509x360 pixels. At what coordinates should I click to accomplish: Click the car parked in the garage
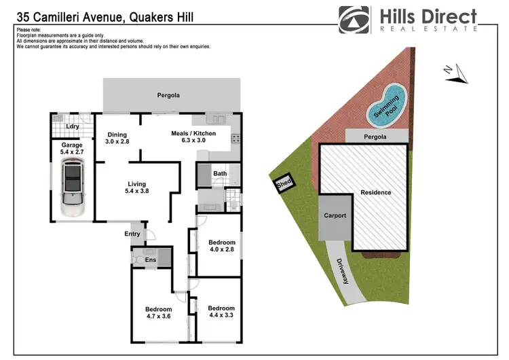pyautogui.click(x=71, y=191)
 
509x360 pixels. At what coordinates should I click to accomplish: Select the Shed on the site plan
pyautogui.click(x=282, y=183)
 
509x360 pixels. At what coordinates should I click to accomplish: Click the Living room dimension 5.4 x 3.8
pyautogui.click(x=136, y=192)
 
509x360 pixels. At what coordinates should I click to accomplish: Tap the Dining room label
pyautogui.click(x=117, y=133)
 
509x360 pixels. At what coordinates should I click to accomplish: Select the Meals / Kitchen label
pyautogui.click(x=193, y=133)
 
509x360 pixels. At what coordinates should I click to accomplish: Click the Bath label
pyautogui.click(x=219, y=174)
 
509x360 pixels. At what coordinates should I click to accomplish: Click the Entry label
pyautogui.click(x=132, y=234)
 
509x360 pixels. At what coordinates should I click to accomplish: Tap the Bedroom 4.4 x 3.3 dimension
pyautogui.click(x=221, y=316)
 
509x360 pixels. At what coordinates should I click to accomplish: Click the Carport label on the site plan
pyautogui.click(x=335, y=216)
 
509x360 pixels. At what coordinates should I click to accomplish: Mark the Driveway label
pyautogui.click(x=343, y=270)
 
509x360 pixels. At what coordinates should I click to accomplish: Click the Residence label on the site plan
pyautogui.click(x=375, y=192)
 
